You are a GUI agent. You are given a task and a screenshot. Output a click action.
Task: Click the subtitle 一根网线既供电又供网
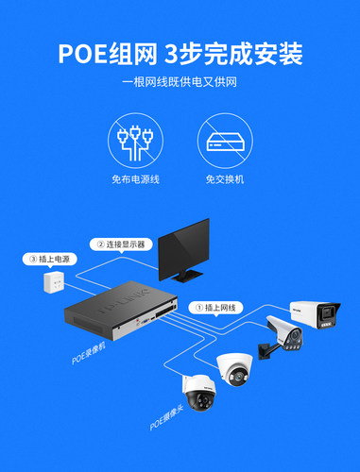(x=180, y=84)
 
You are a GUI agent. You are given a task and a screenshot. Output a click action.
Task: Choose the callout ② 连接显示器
(x=119, y=244)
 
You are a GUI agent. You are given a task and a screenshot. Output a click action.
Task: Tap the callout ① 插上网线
(x=219, y=307)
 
